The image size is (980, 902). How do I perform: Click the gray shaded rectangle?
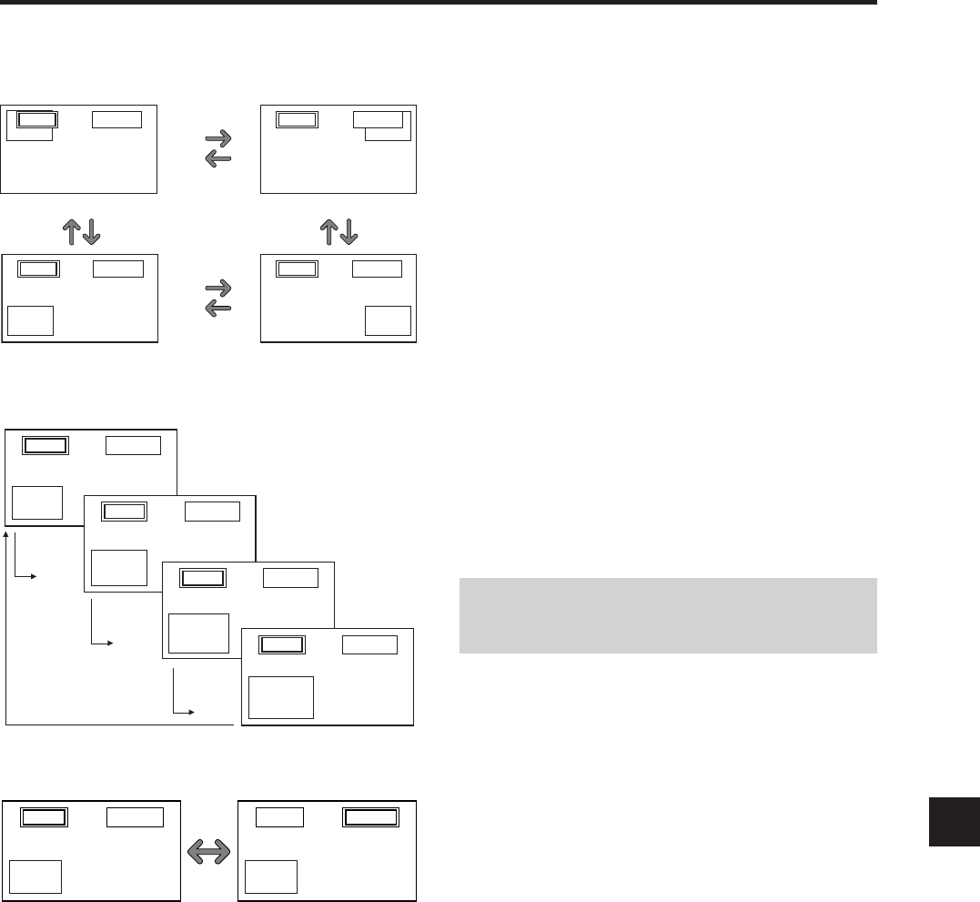(x=667, y=615)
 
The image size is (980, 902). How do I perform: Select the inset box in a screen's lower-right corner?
(x=388, y=321)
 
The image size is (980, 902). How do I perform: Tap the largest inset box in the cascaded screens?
(x=281, y=696)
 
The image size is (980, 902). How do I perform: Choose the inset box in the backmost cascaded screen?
(x=37, y=503)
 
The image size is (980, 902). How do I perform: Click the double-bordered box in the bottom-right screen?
(x=371, y=818)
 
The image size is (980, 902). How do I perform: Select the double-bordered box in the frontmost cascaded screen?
(x=282, y=644)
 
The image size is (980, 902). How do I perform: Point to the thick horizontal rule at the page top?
(x=437, y=3)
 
